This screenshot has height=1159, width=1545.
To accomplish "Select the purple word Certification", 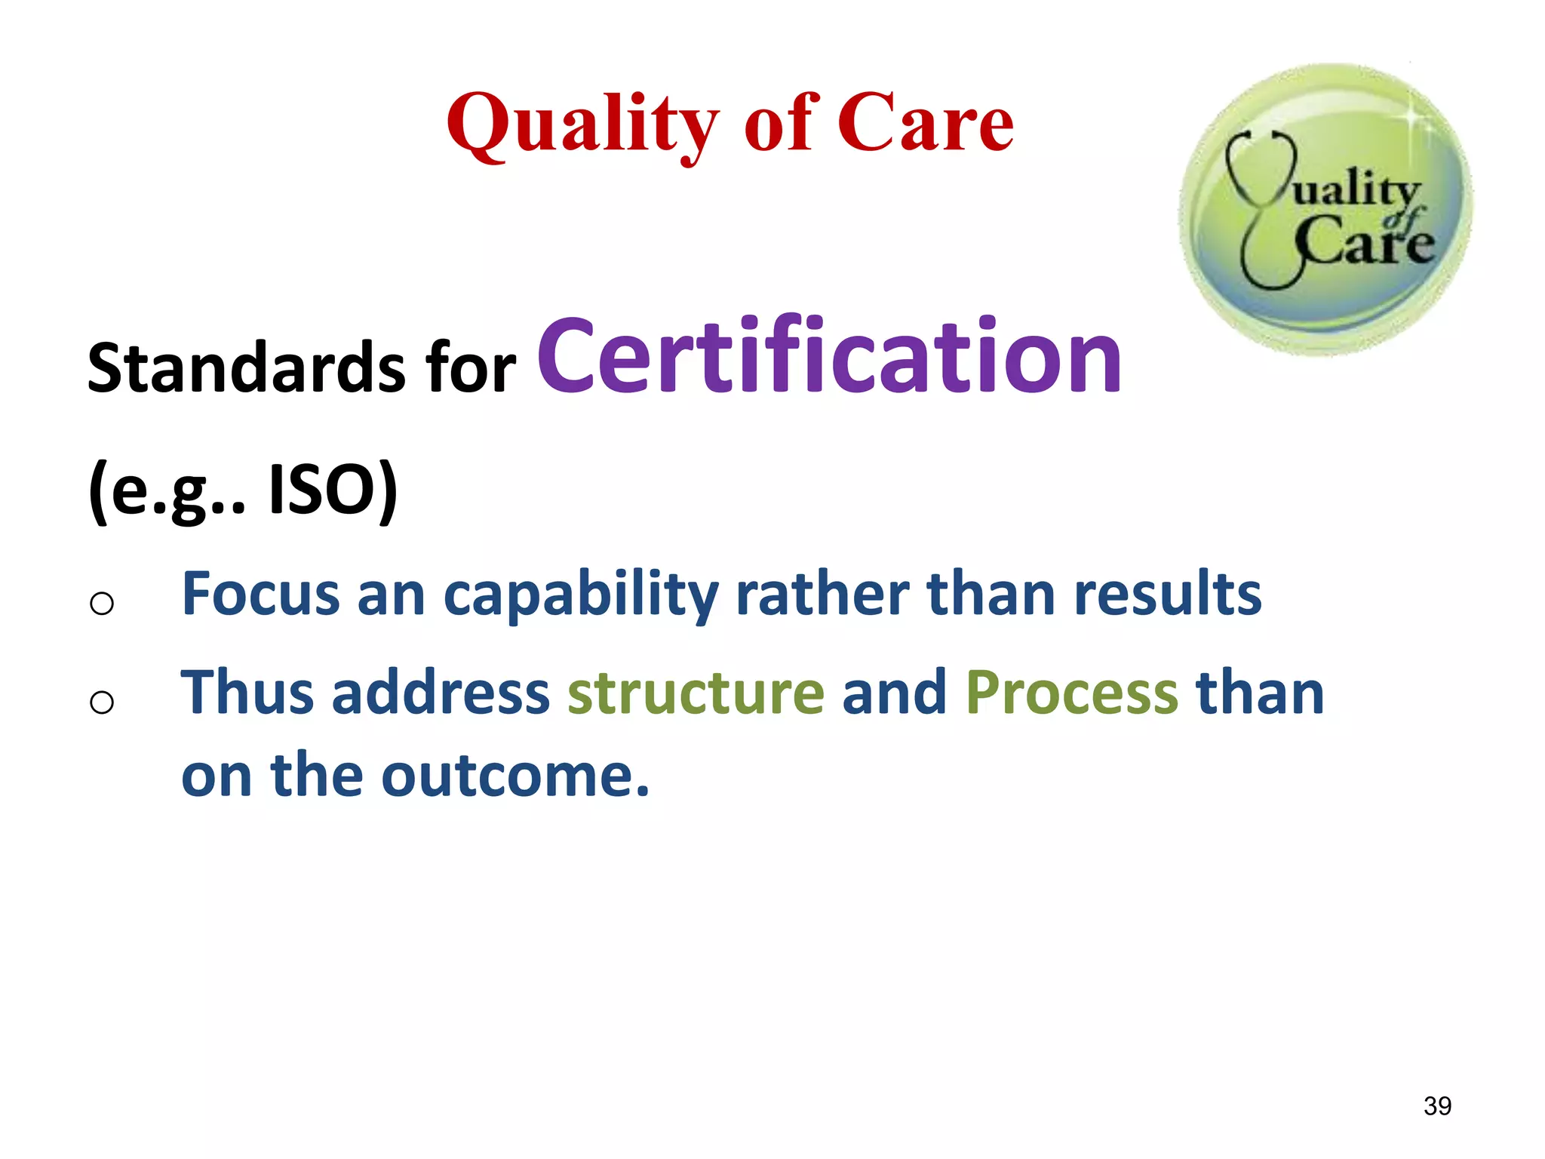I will pos(829,356).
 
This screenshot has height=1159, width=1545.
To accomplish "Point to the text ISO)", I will pos(333,490).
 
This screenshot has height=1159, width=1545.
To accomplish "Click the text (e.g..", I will pos(162,490).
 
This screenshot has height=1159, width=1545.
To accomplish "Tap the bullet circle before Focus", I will pos(102,603).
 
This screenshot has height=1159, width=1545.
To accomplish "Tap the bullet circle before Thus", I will pos(102,702).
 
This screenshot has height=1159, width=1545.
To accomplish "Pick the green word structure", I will pos(696,693).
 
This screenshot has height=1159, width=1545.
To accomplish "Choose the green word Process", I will pos(1071,693).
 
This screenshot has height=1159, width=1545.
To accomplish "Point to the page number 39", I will pos(1437,1105).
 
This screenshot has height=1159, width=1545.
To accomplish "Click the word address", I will pos(441,693).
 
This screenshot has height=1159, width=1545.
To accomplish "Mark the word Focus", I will pos(261,595).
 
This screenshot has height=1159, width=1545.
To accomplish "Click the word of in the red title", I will pos(782,125).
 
